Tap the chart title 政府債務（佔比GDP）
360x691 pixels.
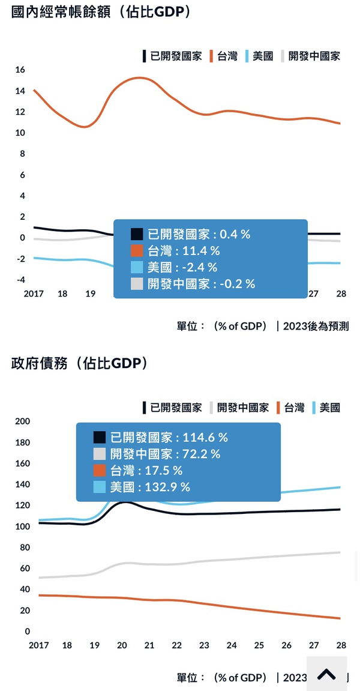79,363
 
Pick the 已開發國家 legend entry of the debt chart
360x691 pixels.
172,408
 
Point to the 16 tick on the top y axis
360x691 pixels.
20,70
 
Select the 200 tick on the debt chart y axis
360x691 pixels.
22,421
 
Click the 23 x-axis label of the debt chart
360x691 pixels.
204,645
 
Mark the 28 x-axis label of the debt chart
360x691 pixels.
340,645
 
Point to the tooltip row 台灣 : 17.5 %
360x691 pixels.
146,471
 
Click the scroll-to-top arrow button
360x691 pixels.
326,674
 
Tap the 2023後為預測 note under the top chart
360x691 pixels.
316,327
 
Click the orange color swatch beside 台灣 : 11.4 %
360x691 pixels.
137,251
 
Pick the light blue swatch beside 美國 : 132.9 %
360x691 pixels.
100,487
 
